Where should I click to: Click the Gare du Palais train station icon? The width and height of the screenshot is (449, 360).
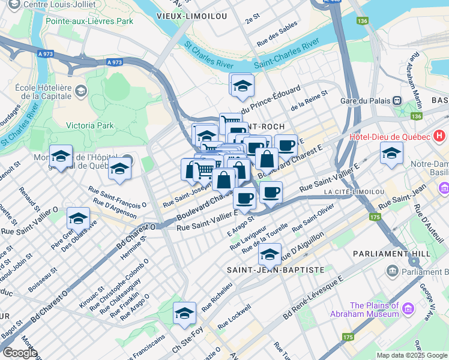click(x=397, y=101)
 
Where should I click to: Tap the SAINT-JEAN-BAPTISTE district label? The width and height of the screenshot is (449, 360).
click(x=267, y=271)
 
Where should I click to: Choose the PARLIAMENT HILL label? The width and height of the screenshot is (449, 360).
click(x=408, y=253)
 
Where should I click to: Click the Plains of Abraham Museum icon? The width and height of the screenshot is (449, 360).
click(x=408, y=309)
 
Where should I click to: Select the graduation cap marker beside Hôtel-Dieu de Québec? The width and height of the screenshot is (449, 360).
click(x=391, y=153)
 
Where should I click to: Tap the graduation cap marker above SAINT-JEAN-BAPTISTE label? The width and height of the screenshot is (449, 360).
click(x=270, y=254)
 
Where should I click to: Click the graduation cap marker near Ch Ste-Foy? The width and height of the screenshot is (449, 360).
click(x=184, y=313)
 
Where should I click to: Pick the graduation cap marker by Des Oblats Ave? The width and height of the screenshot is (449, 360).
click(x=78, y=218)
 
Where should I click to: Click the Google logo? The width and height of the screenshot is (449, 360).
click(x=20, y=353)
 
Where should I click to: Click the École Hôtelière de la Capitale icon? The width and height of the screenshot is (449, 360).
click(x=81, y=91)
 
